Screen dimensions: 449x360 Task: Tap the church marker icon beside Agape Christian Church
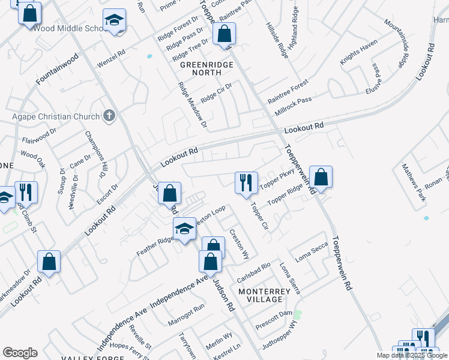coord(109,116)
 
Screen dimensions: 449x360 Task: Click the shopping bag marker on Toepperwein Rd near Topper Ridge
coord(321,177)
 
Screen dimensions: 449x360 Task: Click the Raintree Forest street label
coord(288,89)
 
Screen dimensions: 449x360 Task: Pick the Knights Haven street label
coord(358,51)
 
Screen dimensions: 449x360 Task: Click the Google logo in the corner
coord(20,353)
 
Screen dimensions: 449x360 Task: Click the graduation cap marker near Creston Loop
coord(185,228)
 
